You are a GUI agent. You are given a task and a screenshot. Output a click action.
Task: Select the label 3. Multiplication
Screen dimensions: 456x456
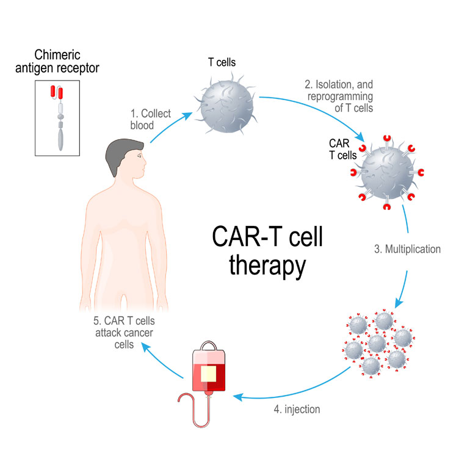pyautogui.click(x=407, y=249)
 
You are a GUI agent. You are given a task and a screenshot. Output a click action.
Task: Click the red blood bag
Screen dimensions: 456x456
pyautogui.click(x=208, y=372)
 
